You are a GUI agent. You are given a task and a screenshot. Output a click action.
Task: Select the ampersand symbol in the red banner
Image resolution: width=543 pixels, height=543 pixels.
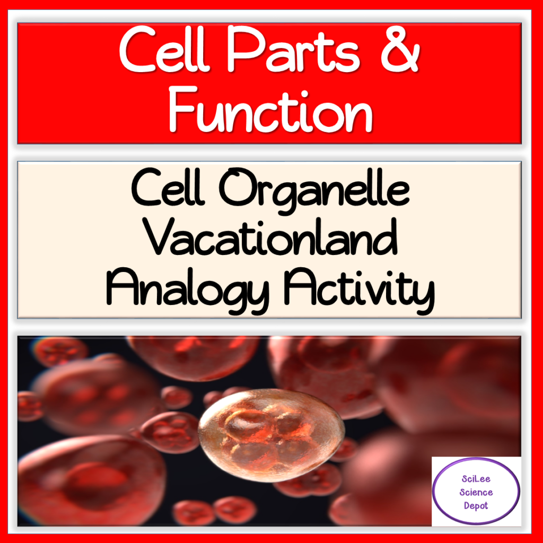point(396,54)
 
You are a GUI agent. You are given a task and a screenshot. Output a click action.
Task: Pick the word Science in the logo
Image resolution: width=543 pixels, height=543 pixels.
point(476,493)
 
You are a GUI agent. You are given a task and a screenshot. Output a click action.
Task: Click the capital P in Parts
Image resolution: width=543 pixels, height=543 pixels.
point(239,54)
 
